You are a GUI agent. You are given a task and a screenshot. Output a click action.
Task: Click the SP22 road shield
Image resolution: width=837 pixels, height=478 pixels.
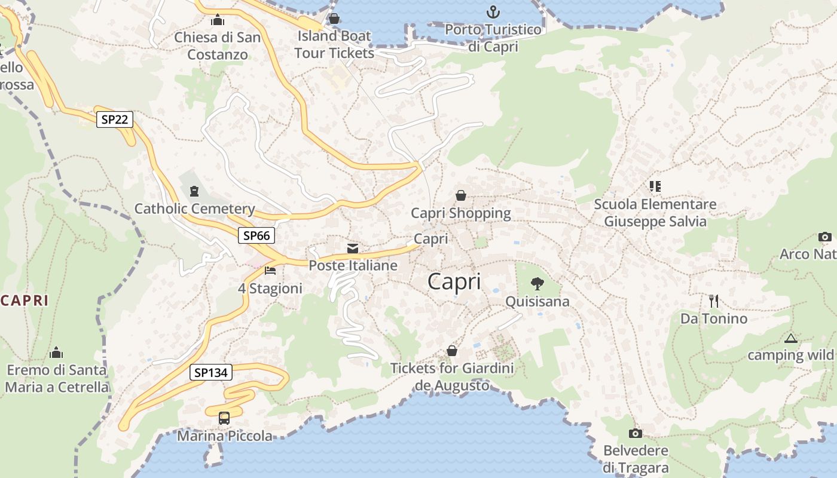(x=115, y=119)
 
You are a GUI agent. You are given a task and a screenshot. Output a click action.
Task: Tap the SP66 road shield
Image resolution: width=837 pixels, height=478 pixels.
(x=257, y=235)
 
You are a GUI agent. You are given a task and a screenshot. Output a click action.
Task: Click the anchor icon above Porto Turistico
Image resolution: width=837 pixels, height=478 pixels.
(x=493, y=11)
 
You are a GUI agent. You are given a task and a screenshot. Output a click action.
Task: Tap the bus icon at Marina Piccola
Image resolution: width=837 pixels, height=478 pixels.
(x=224, y=418)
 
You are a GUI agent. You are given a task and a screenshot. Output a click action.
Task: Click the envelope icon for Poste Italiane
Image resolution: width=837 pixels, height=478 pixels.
(x=353, y=248)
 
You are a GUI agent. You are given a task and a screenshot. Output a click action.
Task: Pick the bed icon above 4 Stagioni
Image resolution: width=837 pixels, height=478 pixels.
(x=270, y=271)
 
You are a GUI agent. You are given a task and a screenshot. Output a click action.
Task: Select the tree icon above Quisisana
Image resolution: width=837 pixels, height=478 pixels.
(x=537, y=283)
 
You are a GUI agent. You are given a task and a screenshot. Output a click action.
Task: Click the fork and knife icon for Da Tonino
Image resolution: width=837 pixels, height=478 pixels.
(x=713, y=301)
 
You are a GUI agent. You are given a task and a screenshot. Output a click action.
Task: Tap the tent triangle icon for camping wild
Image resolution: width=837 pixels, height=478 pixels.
(x=791, y=338)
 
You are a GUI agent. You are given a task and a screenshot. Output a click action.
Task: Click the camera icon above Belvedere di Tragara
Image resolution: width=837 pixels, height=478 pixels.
(x=636, y=433)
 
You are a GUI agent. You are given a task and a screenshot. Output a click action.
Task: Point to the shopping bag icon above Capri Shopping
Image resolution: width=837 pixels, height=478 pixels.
(x=461, y=195)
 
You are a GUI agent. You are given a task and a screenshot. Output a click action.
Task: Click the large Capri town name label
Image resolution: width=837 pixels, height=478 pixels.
(x=454, y=281)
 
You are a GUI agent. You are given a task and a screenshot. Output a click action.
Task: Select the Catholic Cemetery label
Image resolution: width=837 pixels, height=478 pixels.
(x=194, y=209)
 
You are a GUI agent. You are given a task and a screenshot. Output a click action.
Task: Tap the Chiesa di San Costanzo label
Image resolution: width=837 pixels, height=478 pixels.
(x=218, y=46)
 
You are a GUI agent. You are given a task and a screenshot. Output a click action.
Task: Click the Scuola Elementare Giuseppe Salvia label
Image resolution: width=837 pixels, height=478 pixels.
(x=655, y=213)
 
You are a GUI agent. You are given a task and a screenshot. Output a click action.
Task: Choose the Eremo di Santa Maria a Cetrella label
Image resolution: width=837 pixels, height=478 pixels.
(x=57, y=378)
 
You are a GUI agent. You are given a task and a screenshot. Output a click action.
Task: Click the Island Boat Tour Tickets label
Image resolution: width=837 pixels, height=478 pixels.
(x=334, y=44)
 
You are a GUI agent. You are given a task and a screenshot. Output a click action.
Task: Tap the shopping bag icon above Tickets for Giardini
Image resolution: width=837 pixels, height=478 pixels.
(x=452, y=351)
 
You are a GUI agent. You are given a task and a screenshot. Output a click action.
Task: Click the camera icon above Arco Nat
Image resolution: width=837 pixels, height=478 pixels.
(x=825, y=237)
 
